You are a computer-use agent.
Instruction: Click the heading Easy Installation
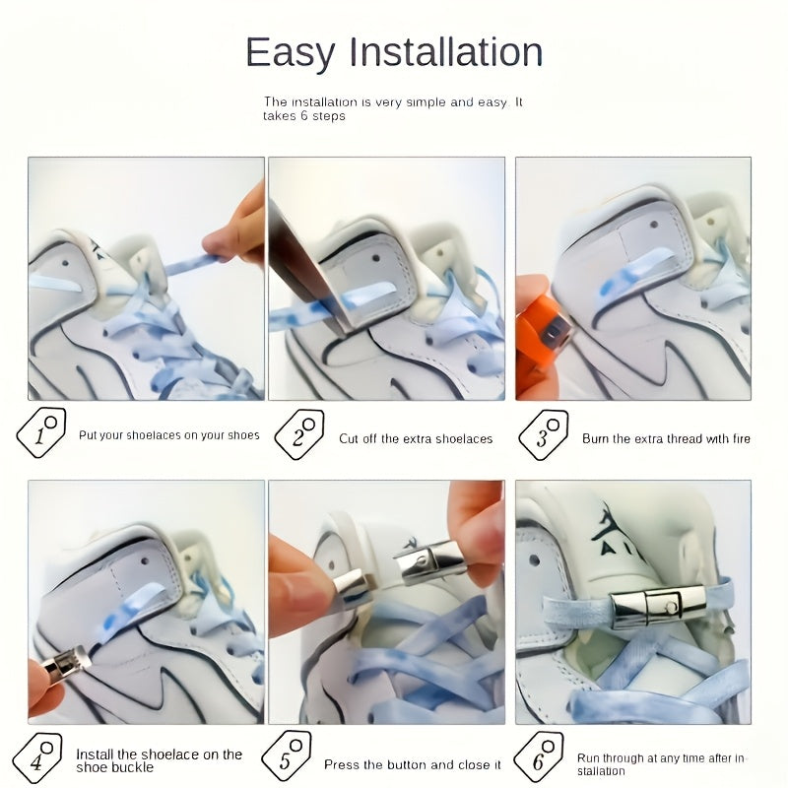coord(394,52)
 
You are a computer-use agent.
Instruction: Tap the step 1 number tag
coord(41,432)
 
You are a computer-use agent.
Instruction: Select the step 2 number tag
coord(299,434)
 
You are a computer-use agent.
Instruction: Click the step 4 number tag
coord(37,757)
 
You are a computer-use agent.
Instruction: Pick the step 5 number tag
coord(287,755)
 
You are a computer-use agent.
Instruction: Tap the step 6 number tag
coord(539,756)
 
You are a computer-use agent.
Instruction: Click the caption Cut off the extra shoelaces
coord(416,438)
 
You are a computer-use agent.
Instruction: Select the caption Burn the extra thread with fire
coord(666,438)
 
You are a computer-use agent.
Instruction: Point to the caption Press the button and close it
coord(412,765)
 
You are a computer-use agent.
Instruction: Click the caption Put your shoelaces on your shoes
coord(168,435)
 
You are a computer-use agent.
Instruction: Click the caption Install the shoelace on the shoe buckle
coord(159,760)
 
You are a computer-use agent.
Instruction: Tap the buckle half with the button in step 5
coord(429,561)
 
